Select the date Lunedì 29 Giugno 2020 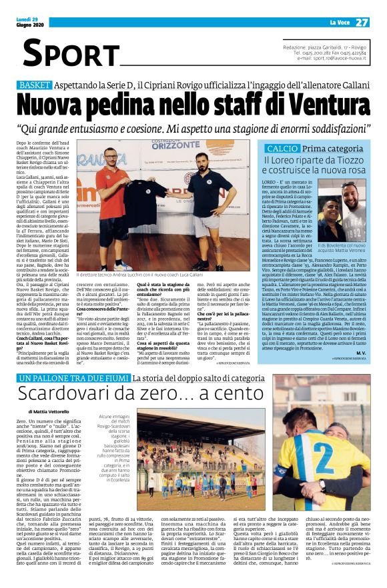(31, 22)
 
